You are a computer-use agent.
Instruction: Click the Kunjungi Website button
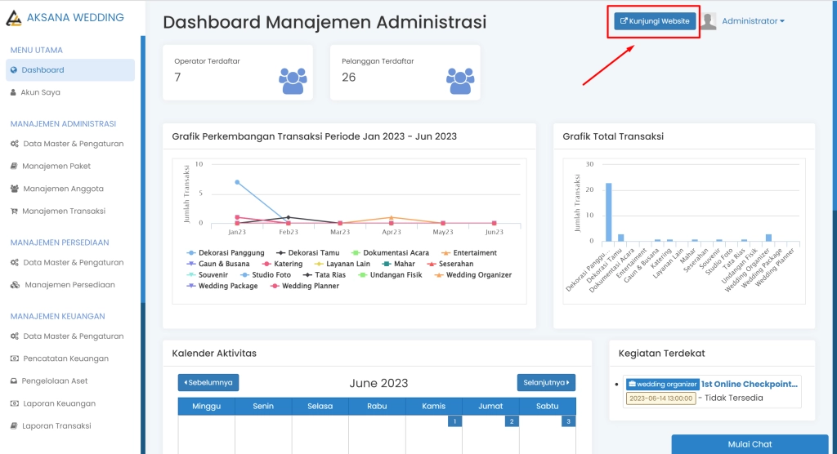click(x=655, y=21)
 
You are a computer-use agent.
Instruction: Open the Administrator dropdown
click(x=753, y=21)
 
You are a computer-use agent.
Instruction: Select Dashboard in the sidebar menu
click(x=43, y=70)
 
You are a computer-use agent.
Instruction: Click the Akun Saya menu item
click(x=40, y=92)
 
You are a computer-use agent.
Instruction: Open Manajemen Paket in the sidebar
click(x=56, y=166)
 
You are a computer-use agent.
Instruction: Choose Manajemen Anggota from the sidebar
click(x=63, y=189)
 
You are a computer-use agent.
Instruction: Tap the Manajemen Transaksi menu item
click(x=64, y=211)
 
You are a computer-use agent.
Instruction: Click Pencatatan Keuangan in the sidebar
click(x=65, y=358)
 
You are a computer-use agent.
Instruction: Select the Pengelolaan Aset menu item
click(x=55, y=381)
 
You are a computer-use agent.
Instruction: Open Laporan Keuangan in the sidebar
click(x=59, y=403)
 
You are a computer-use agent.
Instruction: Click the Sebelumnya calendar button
click(x=208, y=382)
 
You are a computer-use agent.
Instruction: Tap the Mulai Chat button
click(x=750, y=444)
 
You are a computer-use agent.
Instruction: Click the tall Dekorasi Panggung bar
click(x=608, y=212)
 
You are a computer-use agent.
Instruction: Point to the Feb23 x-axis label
click(x=288, y=233)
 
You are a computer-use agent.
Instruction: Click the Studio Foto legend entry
click(x=271, y=275)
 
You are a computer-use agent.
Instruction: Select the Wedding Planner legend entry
click(x=310, y=286)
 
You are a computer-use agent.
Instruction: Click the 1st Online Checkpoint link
click(x=749, y=384)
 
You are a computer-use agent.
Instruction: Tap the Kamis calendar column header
click(x=434, y=406)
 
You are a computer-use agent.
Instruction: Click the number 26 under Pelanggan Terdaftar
click(x=348, y=78)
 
